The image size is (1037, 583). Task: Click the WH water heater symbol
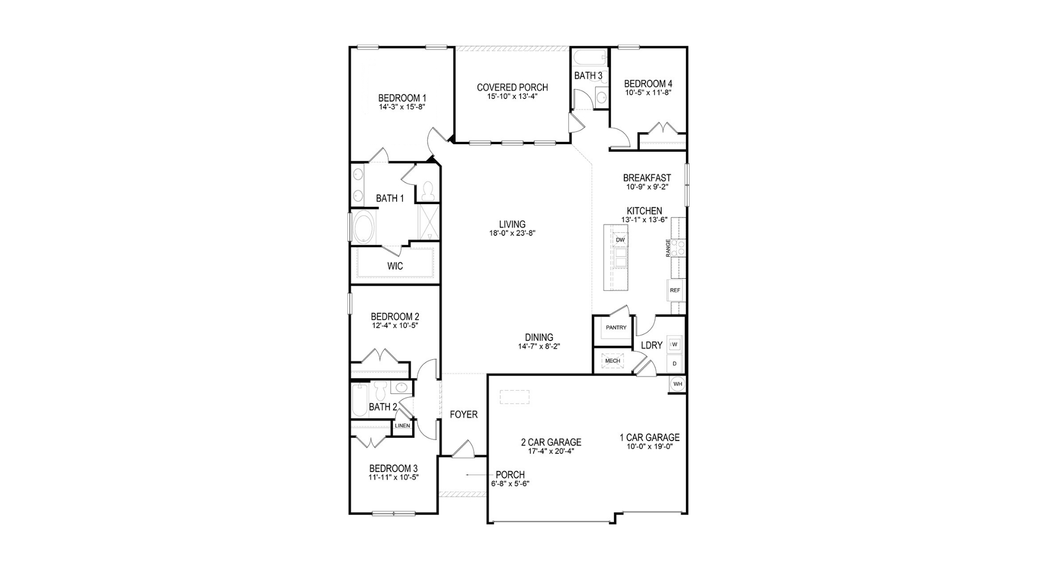(678, 384)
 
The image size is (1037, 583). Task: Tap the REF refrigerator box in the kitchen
(675, 290)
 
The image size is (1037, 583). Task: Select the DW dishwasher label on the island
(620, 240)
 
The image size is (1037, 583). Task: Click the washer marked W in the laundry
(675, 344)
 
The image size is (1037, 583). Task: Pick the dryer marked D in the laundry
(675, 364)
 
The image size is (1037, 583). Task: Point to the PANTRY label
(616, 328)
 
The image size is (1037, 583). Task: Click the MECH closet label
(612, 361)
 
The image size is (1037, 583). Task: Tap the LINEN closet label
(402, 426)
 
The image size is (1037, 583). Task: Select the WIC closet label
(395, 266)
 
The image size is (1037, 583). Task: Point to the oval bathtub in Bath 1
(366, 226)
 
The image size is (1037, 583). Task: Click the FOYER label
(464, 415)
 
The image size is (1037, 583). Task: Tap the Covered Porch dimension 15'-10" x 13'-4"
(512, 96)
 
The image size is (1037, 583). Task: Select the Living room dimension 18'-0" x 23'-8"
(512, 233)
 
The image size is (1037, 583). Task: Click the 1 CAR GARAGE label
(650, 438)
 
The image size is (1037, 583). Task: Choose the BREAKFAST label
(647, 178)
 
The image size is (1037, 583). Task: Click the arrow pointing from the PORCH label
(478, 475)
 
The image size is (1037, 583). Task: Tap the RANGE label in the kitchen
(668, 248)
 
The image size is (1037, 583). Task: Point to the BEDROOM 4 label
(648, 84)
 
